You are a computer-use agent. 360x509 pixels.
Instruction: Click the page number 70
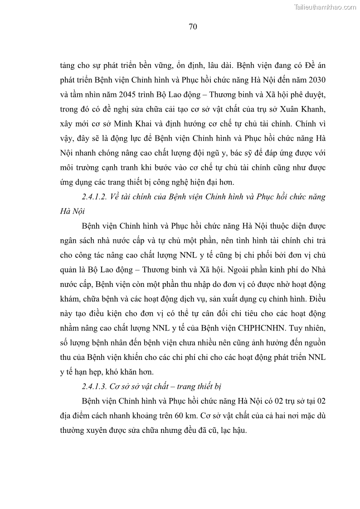click(x=192, y=27)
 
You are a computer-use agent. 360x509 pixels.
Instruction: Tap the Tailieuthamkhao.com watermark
click(x=326, y=7)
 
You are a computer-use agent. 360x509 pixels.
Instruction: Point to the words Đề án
click(x=313, y=65)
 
